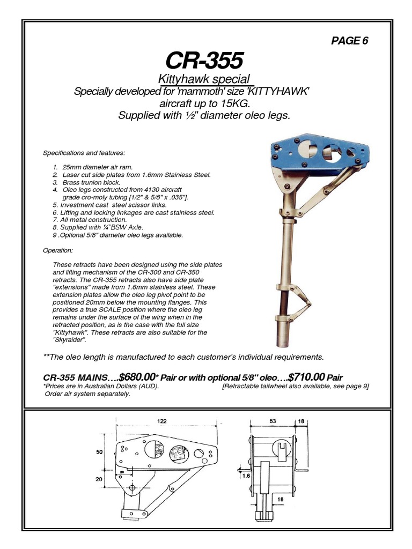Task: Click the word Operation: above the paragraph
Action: click(58, 250)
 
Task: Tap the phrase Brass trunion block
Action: click(90, 182)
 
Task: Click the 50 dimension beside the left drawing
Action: click(99, 452)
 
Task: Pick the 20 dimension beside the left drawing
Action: click(99, 479)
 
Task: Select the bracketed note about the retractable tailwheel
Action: click(296, 387)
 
